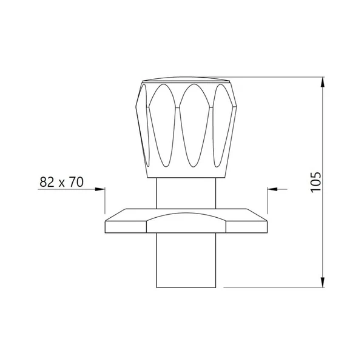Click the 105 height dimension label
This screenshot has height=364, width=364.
tap(316, 182)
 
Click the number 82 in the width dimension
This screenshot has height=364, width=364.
tap(47, 182)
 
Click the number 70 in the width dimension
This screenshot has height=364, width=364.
tap(76, 182)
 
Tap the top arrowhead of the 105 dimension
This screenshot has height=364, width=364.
tap(323, 82)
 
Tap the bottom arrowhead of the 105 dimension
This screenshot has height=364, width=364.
tap(323, 282)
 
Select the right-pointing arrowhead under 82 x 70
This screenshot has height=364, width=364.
tap(100, 189)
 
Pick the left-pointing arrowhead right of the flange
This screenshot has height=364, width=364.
tap(272, 189)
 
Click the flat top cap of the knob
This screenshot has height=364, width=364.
tap(186, 79)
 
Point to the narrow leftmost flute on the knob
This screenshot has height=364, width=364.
tap(144, 126)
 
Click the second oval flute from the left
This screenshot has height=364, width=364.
tap(163, 126)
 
